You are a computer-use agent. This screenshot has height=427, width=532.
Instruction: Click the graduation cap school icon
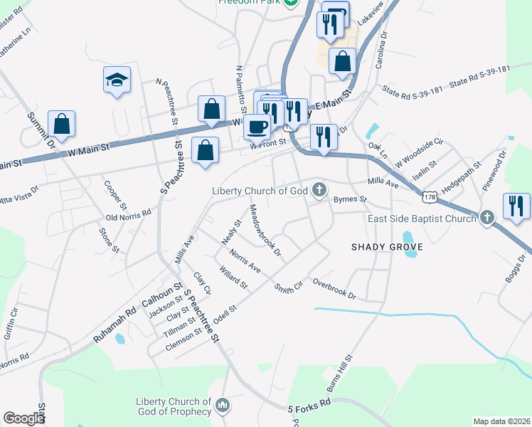point(116,80)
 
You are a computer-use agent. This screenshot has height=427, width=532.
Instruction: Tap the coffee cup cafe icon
point(256,127)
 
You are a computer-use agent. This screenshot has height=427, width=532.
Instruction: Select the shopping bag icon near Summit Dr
point(63,123)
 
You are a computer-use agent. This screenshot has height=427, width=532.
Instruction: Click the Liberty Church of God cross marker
point(320,189)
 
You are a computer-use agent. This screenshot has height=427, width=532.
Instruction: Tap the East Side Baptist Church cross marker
point(486,217)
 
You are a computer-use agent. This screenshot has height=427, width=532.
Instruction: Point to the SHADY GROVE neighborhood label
point(387,246)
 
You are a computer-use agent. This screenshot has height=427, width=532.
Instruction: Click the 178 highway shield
point(428,195)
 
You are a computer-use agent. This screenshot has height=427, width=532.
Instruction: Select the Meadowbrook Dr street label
point(266,231)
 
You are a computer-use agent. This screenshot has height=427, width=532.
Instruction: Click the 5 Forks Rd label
point(309,406)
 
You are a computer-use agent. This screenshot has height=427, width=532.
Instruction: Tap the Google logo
point(23,418)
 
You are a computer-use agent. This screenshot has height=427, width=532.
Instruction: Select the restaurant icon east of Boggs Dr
point(516,206)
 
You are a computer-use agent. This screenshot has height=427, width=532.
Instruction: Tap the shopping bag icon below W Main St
point(205,150)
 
